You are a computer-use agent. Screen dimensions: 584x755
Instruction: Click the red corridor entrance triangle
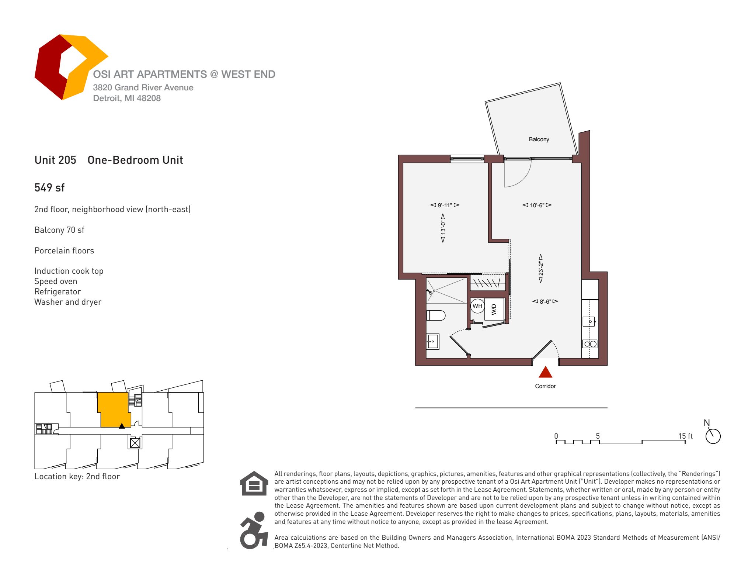click(545, 373)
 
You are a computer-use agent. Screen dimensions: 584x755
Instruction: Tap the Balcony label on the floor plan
click(539, 139)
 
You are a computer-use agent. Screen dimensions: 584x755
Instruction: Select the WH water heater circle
click(477, 306)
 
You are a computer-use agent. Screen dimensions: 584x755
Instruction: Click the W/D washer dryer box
click(494, 309)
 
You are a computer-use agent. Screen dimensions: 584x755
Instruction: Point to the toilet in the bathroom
click(436, 315)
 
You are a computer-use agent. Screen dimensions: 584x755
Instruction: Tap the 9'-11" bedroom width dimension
click(445, 205)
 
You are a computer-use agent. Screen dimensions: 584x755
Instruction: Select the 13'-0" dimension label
click(443, 228)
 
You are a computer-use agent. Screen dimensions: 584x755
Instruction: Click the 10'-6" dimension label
click(537, 205)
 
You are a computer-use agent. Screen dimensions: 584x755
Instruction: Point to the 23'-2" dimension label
click(541, 268)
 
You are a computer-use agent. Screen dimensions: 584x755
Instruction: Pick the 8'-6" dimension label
click(545, 301)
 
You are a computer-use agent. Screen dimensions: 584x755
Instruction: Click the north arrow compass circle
click(713, 436)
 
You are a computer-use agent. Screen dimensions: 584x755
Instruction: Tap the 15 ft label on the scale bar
click(685, 436)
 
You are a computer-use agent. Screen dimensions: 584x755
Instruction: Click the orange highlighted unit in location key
click(114, 410)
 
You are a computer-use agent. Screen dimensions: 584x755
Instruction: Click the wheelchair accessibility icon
click(254, 530)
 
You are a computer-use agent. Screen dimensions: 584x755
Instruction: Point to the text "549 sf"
click(49, 188)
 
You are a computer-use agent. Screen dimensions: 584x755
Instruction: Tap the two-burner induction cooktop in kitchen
click(589, 344)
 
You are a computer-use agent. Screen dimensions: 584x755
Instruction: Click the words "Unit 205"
click(55, 160)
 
